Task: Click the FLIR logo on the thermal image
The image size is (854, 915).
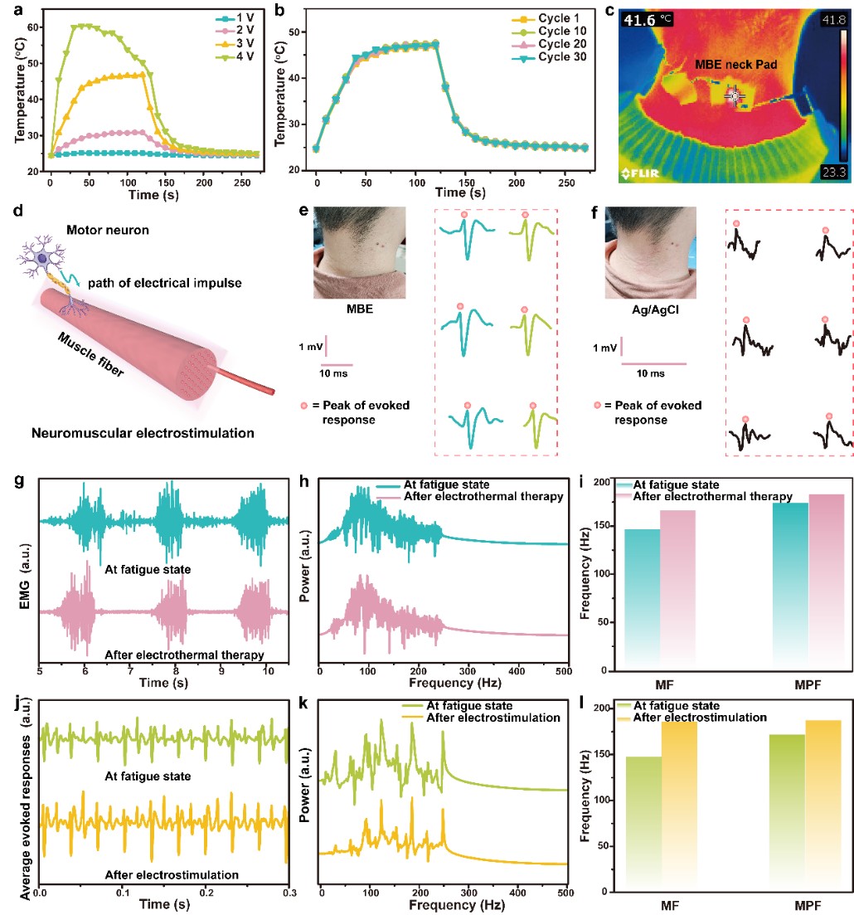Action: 642,173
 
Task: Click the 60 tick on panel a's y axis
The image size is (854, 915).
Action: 33,27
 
